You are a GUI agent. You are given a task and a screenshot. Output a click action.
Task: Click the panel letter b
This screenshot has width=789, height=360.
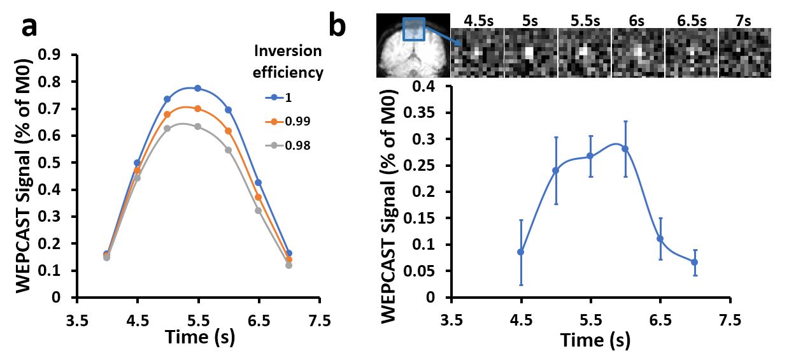338,26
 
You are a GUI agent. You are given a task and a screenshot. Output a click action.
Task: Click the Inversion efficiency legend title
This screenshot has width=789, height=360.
288,62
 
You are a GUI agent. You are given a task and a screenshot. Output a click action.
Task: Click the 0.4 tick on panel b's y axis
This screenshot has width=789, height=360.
429,86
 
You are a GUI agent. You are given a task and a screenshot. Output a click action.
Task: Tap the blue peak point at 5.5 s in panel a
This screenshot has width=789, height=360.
197,88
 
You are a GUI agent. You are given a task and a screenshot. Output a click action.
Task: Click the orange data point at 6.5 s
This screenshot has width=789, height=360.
258,197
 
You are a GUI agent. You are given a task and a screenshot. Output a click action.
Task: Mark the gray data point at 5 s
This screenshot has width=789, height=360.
167,128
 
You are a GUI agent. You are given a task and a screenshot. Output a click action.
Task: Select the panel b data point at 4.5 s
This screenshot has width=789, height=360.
521,252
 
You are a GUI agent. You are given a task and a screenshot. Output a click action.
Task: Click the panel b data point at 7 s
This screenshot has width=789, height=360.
694,262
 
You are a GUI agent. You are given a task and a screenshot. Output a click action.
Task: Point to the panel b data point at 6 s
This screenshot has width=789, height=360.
625,148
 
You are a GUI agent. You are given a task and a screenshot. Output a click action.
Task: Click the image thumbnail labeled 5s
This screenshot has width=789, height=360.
530,53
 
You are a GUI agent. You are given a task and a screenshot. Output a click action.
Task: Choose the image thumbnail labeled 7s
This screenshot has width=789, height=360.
745,53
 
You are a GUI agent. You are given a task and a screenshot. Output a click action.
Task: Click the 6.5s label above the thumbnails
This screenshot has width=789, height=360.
691,20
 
